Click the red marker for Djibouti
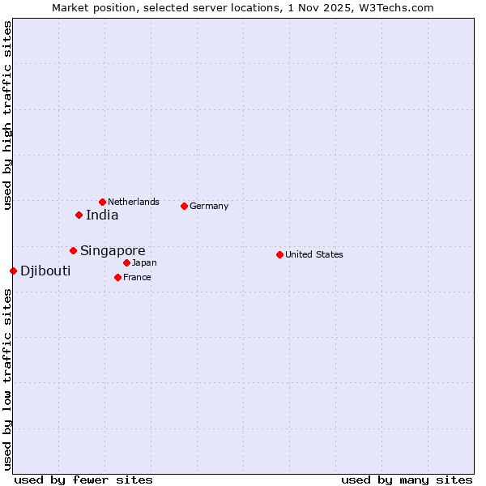13,271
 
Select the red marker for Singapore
73,250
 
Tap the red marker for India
79,215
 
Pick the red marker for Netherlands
102,202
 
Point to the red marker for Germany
184,206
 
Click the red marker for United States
279,254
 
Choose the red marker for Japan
126,262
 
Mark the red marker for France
117,277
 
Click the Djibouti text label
45,271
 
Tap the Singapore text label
113,251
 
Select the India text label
102,215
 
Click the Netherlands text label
134,202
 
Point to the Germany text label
209,206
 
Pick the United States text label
314,254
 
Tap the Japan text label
144,262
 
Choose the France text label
137,277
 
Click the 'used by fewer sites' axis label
83,480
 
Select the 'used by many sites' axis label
407,480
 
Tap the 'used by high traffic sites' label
7,116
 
